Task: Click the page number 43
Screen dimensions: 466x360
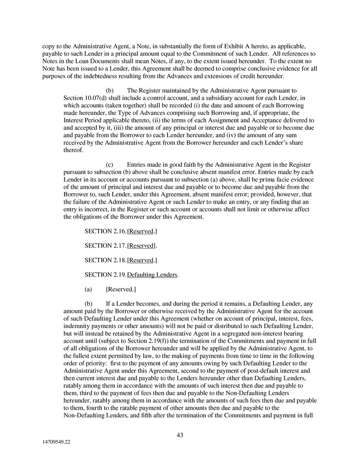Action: [180, 435]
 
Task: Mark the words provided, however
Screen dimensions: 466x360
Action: [249, 195]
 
